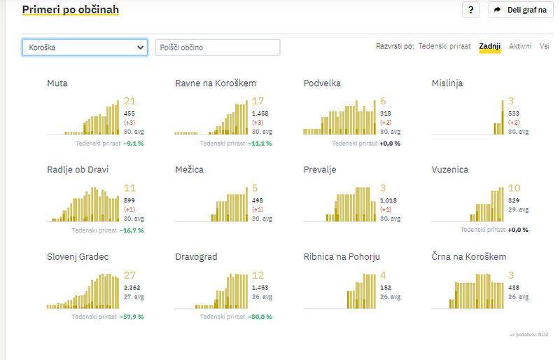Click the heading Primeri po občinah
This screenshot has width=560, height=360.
click(x=70, y=10)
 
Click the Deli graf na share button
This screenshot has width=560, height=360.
click(x=517, y=10)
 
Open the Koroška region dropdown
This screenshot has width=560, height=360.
click(x=85, y=48)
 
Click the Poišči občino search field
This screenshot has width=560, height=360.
click(x=217, y=48)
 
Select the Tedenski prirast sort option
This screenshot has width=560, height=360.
click(x=444, y=47)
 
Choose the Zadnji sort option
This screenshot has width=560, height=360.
click(x=489, y=47)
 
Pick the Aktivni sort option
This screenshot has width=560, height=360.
click(x=520, y=47)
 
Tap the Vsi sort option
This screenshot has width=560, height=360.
click(x=544, y=47)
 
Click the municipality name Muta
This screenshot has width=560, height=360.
click(x=57, y=83)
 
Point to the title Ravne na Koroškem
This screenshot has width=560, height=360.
click(x=216, y=83)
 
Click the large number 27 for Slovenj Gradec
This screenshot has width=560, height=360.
click(x=129, y=275)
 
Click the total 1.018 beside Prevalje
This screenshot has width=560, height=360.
click(x=388, y=200)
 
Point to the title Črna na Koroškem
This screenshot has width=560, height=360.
click(x=469, y=257)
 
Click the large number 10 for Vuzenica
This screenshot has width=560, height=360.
click(x=514, y=188)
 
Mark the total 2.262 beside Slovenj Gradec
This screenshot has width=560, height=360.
click(x=132, y=287)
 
